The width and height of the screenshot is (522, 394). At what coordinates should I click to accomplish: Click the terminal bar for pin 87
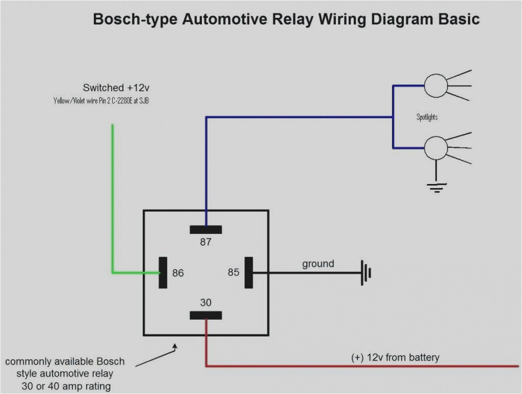coord(206,229)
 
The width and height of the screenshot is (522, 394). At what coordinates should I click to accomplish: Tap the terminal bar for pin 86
coord(163,273)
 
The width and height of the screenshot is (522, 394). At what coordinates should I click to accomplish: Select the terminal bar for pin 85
coord(249,273)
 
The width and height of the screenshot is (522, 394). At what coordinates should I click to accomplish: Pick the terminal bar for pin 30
coord(206,315)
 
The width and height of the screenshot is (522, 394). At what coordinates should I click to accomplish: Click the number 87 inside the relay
coord(206,242)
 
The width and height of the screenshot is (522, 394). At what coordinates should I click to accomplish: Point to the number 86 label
coord(178,273)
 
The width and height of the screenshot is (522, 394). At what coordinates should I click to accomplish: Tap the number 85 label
coord(234,272)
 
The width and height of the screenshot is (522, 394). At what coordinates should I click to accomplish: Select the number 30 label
coord(206,303)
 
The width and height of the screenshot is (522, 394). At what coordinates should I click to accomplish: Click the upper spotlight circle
coord(436,86)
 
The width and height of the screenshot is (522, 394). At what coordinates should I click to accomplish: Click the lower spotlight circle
coord(436,148)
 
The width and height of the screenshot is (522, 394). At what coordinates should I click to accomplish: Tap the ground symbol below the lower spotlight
coord(436,187)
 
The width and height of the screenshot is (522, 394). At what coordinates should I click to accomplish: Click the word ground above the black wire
coord(318,264)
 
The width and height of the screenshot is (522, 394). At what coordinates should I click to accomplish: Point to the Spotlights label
coord(427,117)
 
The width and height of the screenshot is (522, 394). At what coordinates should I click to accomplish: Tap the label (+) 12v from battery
coord(395,357)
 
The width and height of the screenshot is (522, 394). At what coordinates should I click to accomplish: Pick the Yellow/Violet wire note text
coord(101,101)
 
